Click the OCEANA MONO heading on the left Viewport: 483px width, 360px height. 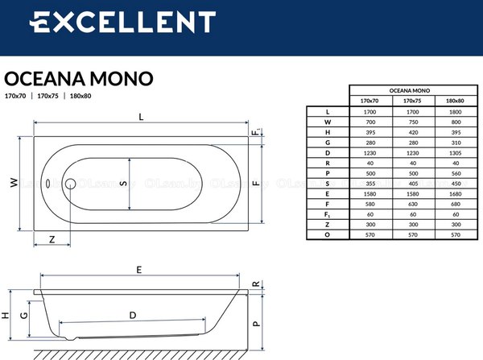coord(79,78)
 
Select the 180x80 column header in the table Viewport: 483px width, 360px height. coord(455,101)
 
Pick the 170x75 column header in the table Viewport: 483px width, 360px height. coord(412,101)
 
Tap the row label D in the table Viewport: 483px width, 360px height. coord(328,153)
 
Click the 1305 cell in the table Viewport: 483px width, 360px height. coord(455,153)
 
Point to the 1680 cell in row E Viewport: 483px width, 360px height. coord(455,194)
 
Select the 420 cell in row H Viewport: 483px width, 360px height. coord(412,132)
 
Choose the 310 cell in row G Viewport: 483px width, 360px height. coord(455,143)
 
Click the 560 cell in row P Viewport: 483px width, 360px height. coord(455,173)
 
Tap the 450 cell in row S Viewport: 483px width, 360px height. coord(455,184)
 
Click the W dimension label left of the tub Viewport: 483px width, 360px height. coord(13,183)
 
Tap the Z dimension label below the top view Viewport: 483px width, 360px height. coord(52,239)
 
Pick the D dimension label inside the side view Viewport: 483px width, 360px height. coord(132,316)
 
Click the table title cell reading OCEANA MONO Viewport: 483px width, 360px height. coord(412,90)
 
